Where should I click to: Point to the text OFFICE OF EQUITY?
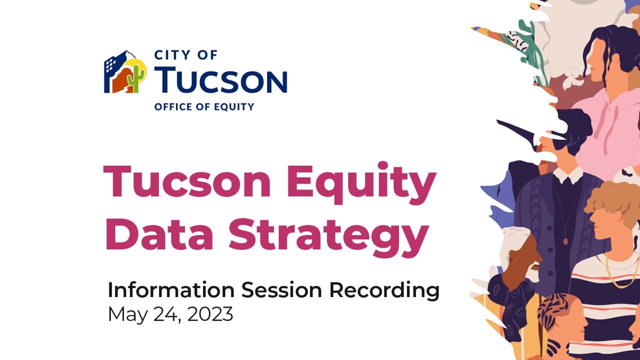(x=204, y=106)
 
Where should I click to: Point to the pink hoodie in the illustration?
(x=607, y=130)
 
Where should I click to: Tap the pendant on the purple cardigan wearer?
(x=565, y=241)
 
